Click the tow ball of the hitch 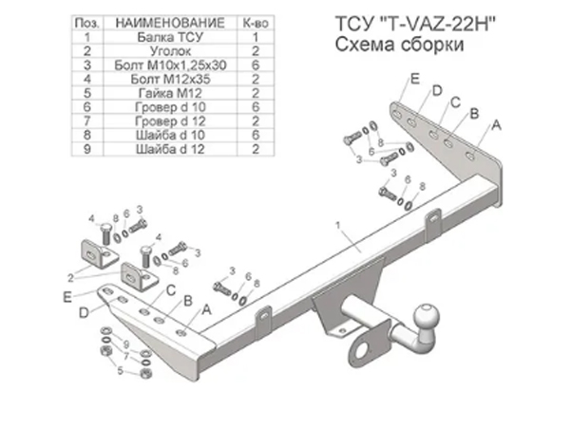click(x=427, y=317)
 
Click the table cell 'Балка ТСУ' click(x=170, y=37)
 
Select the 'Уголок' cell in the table click(x=170, y=51)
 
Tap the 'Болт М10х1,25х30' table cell click(x=170, y=65)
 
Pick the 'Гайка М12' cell click(x=170, y=93)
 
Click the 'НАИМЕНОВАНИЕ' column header click(x=170, y=23)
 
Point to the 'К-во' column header click(x=256, y=23)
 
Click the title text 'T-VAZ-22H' click(x=441, y=24)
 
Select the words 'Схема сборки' click(x=399, y=45)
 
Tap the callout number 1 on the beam click(x=337, y=226)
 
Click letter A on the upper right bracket click(x=496, y=125)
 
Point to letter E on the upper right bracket click(x=415, y=79)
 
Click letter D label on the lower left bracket click(x=84, y=312)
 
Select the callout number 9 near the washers click(x=126, y=344)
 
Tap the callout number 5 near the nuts click(x=121, y=370)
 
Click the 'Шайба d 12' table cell click(x=170, y=149)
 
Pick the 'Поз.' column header click(x=87, y=23)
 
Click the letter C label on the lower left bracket click(x=170, y=290)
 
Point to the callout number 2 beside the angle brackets click(x=70, y=278)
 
